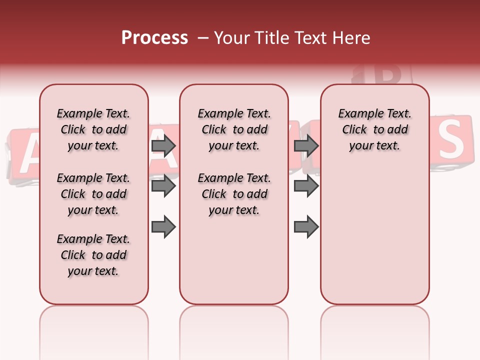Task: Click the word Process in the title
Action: pyautogui.click(x=154, y=38)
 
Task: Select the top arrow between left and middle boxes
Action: pyautogui.click(x=163, y=146)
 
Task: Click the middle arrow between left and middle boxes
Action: pyautogui.click(x=163, y=186)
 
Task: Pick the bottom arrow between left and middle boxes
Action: pyautogui.click(x=163, y=227)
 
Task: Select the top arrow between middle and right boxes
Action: pyautogui.click(x=306, y=146)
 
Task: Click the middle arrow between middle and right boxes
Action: pyautogui.click(x=306, y=186)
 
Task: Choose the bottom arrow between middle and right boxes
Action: pyautogui.click(x=306, y=227)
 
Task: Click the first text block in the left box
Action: pyautogui.click(x=93, y=129)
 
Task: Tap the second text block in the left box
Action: pyautogui.click(x=93, y=194)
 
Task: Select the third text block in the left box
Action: pyautogui.click(x=93, y=255)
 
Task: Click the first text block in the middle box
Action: pyautogui.click(x=234, y=129)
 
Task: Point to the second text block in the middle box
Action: pyautogui.click(x=234, y=194)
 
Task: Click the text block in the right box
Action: pyautogui.click(x=374, y=129)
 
